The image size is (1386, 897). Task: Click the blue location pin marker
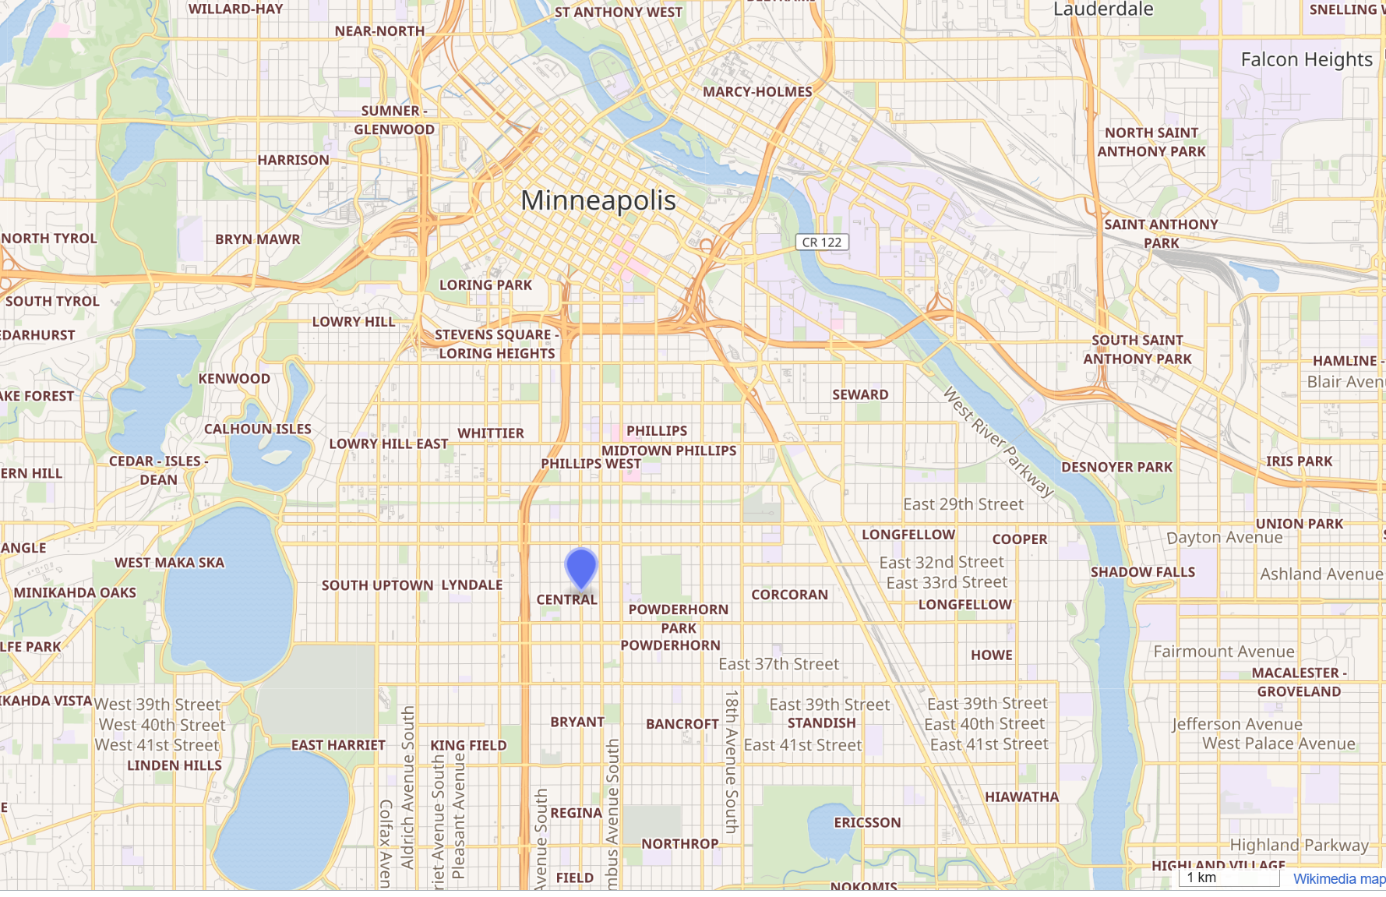coord(581,567)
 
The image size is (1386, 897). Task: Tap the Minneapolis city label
coord(598,201)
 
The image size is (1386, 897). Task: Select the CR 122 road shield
coord(821,242)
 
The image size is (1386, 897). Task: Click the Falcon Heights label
coord(1306,60)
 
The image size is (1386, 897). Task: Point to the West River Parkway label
coord(998,441)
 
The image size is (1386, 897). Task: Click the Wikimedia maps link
coord(1338,878)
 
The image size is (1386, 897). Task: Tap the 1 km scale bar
coord(1229,878)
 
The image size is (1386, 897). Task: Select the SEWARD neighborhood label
coord(859,395)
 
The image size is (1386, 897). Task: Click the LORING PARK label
coord(485,285)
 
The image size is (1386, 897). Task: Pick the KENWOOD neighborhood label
coord(234,379)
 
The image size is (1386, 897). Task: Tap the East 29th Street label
coord(963,504)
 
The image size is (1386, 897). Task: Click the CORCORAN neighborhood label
coord(789,595)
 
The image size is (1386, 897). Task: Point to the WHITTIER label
coord(490,433)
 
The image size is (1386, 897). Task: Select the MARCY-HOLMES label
coord(756,92)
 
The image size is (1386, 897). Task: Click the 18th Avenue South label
coord(731,761)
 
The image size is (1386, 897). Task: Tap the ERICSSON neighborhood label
coord(866,823)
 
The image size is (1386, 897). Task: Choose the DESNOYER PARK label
coord(1116,468)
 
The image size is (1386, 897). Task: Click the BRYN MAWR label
coord(257,239)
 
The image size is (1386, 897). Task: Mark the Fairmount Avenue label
coord(1223,652)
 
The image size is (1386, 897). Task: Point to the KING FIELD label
coord(468,746)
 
